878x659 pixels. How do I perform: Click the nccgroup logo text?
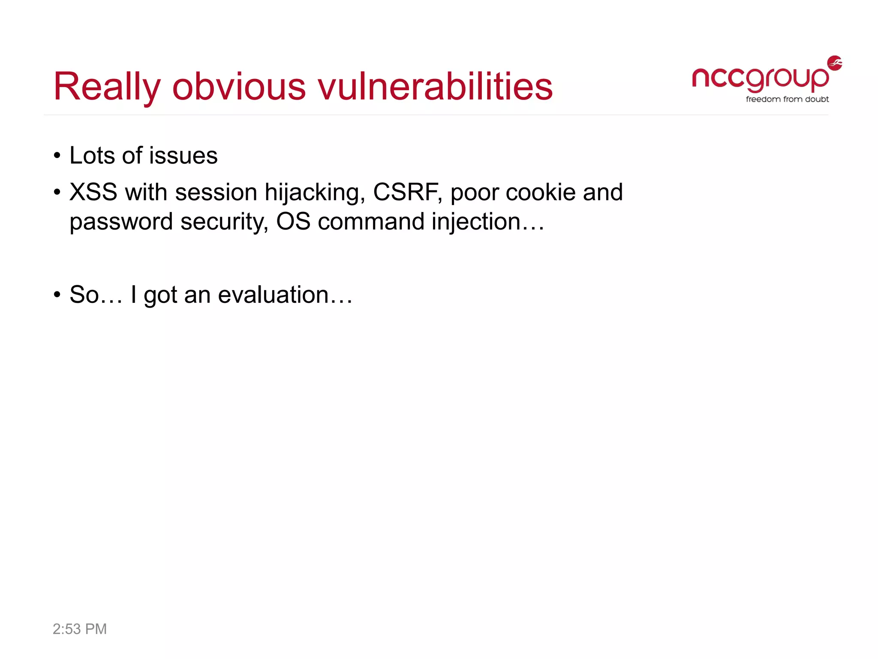pos(760,79)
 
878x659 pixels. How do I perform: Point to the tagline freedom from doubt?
pos(787,100)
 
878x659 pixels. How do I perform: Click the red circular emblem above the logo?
pos(834,63)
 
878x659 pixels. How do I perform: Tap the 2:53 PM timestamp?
pos(80,629)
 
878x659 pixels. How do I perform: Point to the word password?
pos(121,222)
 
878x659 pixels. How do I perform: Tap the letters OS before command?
pos(293,221)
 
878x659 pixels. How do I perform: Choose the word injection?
pos(476,222)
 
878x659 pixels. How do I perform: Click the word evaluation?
pos(274,295)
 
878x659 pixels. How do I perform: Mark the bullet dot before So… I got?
pos(57,295)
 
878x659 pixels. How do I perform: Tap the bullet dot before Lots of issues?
pos(57,156)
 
